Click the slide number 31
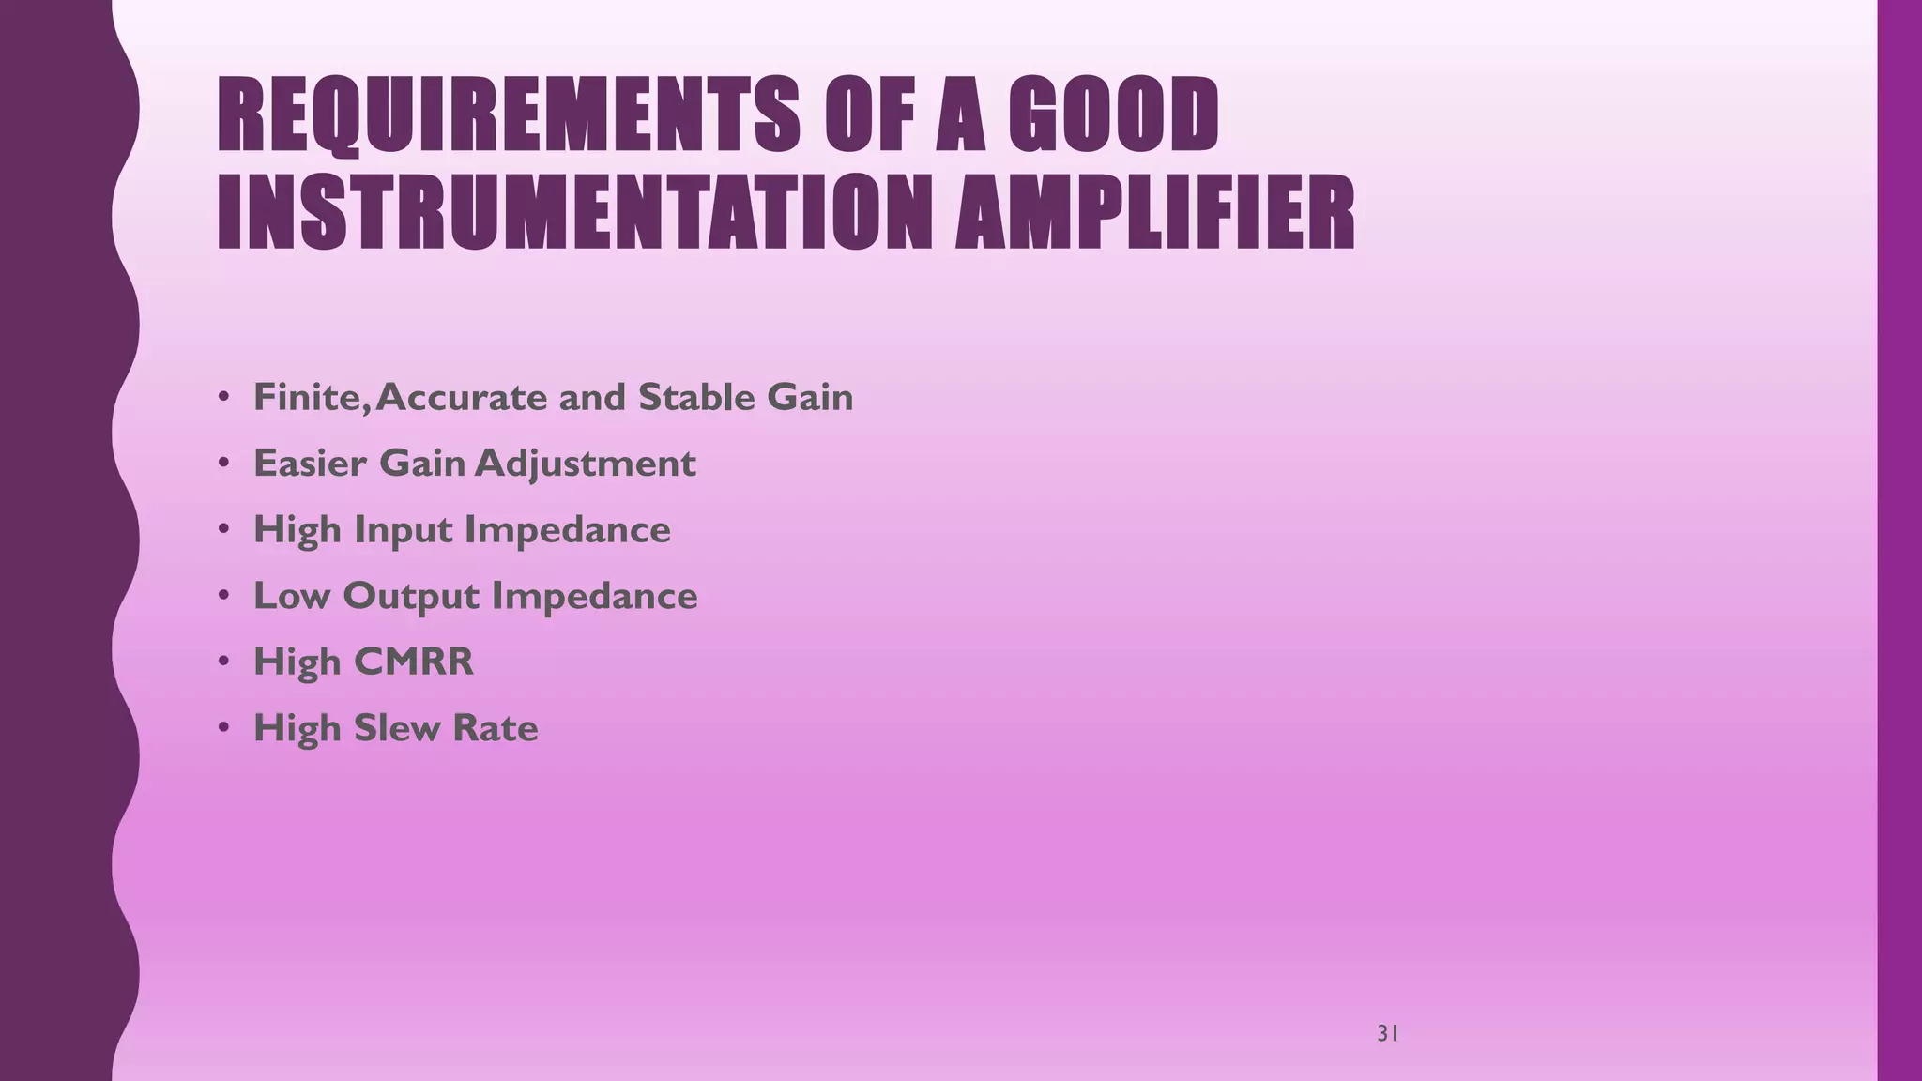tap(1388, 1034)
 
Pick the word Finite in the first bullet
tap(306, 397)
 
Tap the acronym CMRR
tap(413, 662)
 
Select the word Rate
tap(496, 728)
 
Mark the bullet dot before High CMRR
tap(223, 662)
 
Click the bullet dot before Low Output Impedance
tap(223, 595)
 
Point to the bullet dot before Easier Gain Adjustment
tap(223, 463)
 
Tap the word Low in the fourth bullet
tap(291, 596)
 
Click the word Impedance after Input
tap(568, 531)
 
